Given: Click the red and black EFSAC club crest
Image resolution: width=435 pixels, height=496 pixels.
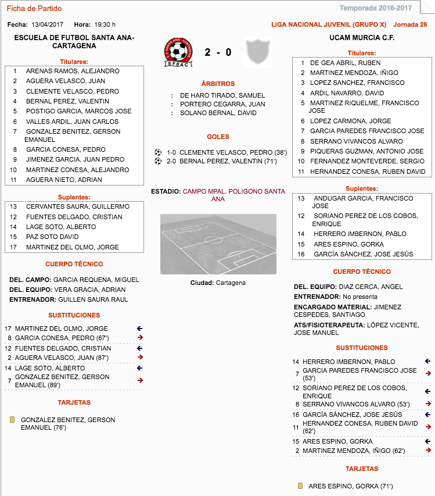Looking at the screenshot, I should click(179, 52).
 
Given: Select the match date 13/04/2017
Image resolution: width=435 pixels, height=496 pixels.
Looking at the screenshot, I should click(48, 24).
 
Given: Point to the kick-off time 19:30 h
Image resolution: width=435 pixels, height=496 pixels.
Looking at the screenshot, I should click(105, 24).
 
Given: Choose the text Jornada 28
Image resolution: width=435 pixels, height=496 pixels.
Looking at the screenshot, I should click(410, 24).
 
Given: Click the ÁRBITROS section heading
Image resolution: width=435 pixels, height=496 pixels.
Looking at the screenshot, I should click(218, 84).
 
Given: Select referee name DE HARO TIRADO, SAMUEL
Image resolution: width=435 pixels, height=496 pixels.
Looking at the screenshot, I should click(222, 95).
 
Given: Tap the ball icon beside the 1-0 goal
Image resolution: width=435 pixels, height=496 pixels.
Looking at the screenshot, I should click(158, 152).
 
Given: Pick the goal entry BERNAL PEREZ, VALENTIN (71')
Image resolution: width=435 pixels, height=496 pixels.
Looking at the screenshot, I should click(232, 161).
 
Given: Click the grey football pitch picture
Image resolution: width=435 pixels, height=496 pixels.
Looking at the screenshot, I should click(218, 244).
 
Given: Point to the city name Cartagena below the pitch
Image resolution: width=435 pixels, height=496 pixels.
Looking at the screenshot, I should click(231, 283).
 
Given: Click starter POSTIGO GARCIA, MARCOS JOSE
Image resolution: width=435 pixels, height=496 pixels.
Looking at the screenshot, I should click(78, 111).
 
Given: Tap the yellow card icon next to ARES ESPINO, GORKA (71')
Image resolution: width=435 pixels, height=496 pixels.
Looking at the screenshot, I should click(300, 486).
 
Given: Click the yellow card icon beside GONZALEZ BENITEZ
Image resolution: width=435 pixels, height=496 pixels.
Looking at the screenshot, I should click(12, 420).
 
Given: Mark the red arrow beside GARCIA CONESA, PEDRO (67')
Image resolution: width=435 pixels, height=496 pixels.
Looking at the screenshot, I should click(139, 338).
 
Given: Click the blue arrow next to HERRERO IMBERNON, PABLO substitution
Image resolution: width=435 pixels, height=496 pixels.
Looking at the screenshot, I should click(428, 361).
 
